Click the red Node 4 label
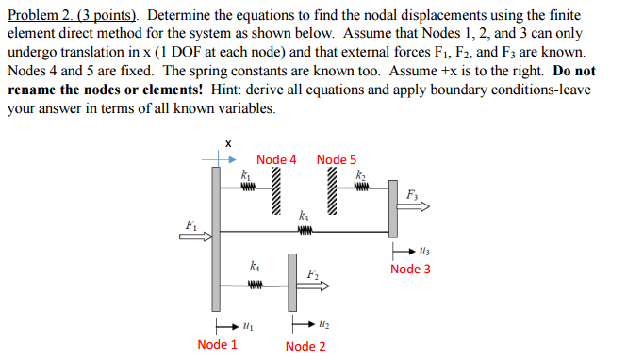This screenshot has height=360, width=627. coord(276,159)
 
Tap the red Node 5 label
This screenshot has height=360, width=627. coord(337,159)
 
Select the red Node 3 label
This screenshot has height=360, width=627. coord(410,269)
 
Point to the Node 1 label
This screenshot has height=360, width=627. coord(217,344)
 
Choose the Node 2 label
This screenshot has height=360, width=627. coord(305,346)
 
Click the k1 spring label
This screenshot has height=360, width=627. coord(246,174)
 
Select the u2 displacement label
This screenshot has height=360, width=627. coord(323,326)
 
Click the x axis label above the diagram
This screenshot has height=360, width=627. coord(227,143)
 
